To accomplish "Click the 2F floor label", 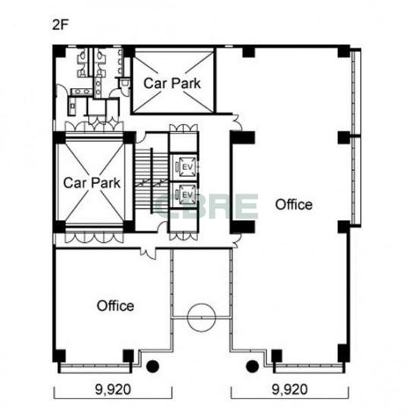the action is pyautogui.click(x=60, y=25).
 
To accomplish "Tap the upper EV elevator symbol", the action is pyautogui.click(x=188, y=167).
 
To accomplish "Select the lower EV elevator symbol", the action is pyautogui.click(x=188, y=195).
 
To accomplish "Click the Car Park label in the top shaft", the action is pyautogui.click(x=172, y=84).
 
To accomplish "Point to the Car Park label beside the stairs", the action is pyautogui.click(x=92, y=183).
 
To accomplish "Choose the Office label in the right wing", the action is pyautogui.click(x=294, y=205).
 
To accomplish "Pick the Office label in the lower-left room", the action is pyautogui.click(x=115, y=306).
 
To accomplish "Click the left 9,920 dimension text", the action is pyautogui.click(x=113, y=389).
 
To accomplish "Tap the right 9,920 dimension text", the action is pyautogui.click(x=290, y=389).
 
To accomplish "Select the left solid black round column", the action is pyautogui.click(x=153, y=367).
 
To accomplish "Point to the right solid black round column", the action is pyautogui.click(x=252, y=367).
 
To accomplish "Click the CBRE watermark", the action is pyautogui.click(x=206, y=206).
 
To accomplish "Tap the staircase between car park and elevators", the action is pyautogui.click(x=152, y=181).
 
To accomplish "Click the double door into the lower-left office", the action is pyautogui.click(x=148, y=252).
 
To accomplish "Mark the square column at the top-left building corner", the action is pyautogui.click(x=59, y=51).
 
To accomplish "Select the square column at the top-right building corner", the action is pyautogui.click(x=344, y=51).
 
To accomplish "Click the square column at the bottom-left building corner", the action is pyautogui.click(x=59, y=355).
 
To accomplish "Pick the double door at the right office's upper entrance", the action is pyautogui.click(x=237, y=123).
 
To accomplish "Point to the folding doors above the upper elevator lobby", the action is pyautogui.click(x=183, y=129).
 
